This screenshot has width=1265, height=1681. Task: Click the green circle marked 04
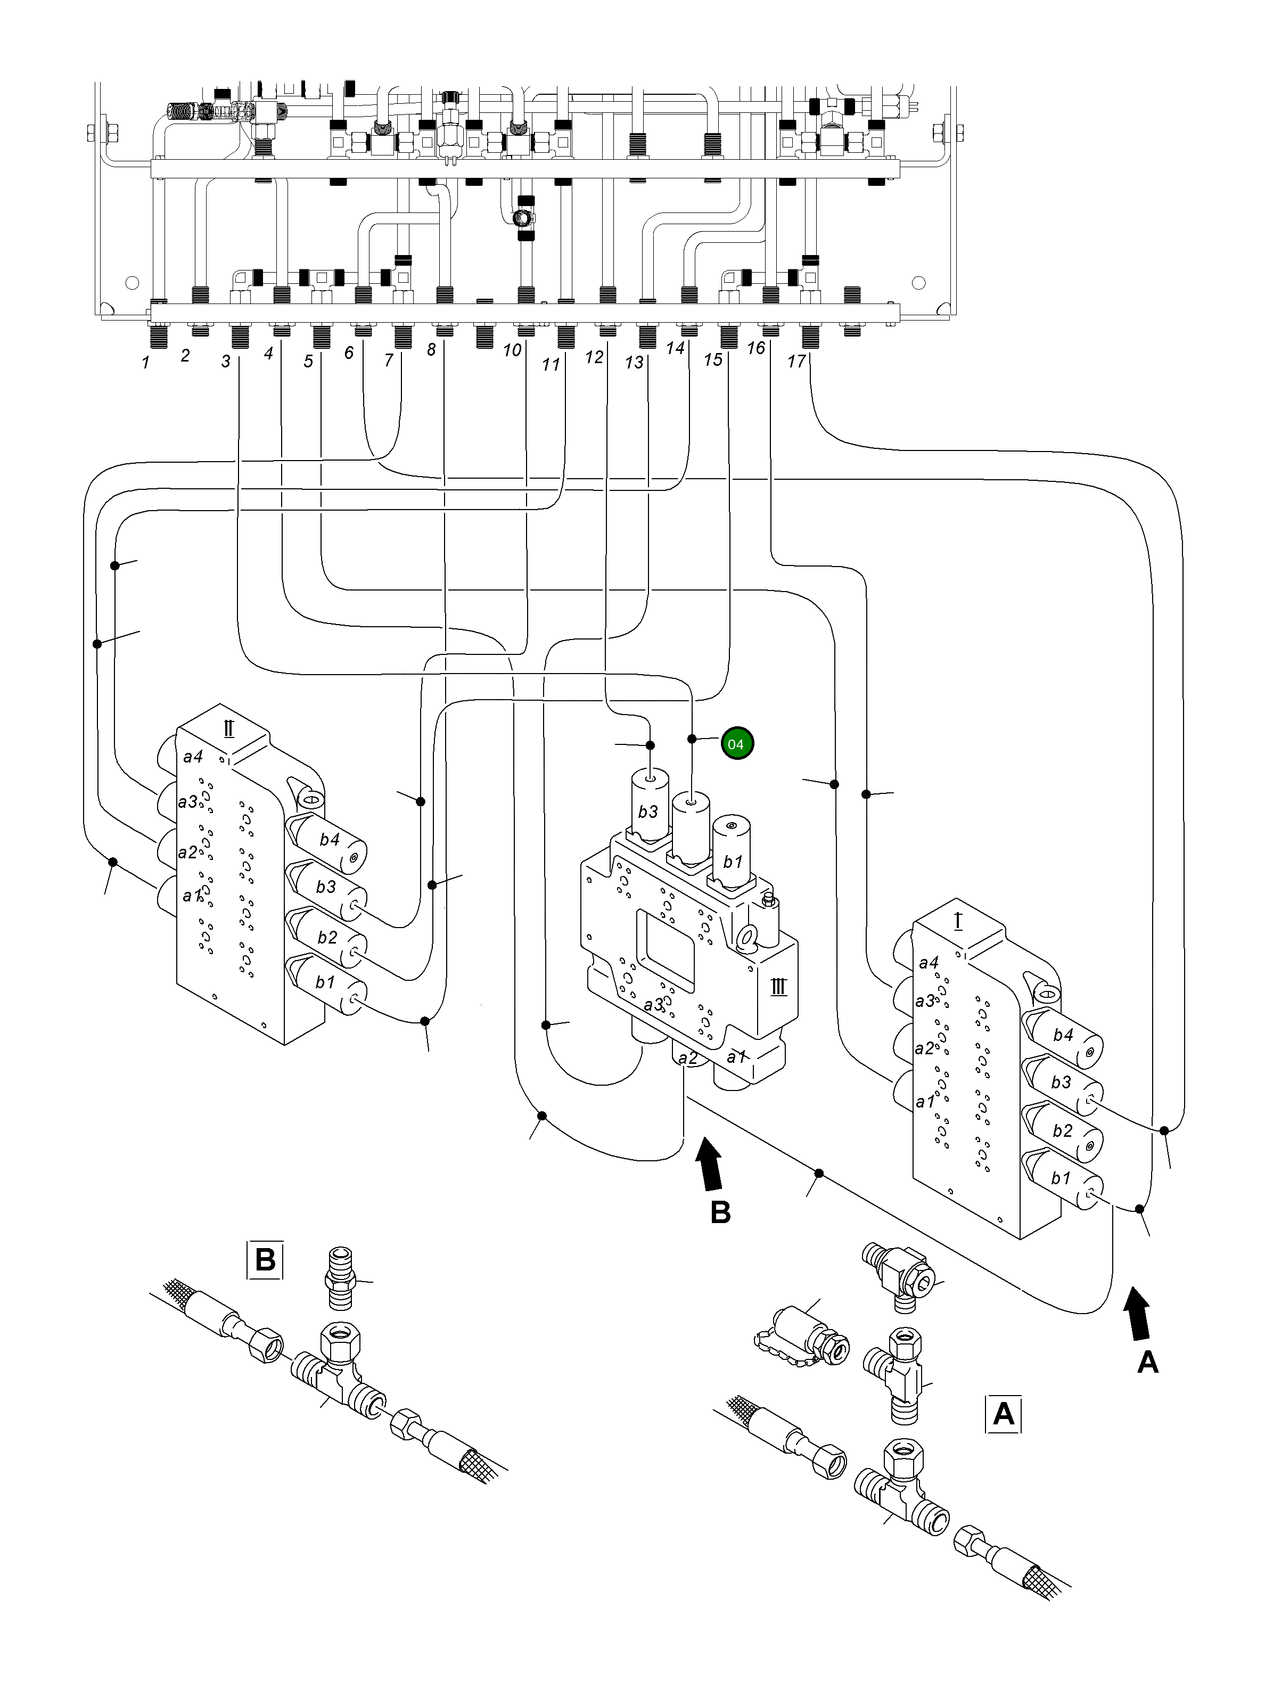point(735,743)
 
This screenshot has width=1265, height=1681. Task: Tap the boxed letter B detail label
point(265,1259)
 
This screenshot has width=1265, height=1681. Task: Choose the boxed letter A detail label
point(1003,1414)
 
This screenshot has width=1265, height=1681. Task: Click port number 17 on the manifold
point(795,361)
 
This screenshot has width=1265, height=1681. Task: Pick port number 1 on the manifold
point(146,363)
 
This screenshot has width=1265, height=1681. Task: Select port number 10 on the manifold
point(512,350)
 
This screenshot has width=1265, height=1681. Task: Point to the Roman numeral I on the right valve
point(957,922)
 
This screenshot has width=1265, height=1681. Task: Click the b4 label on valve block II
point(329,840)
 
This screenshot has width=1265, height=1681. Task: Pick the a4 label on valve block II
point(193,757)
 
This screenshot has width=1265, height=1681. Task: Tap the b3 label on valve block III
point(647,811)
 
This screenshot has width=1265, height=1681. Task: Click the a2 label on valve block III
point(687,1058)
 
